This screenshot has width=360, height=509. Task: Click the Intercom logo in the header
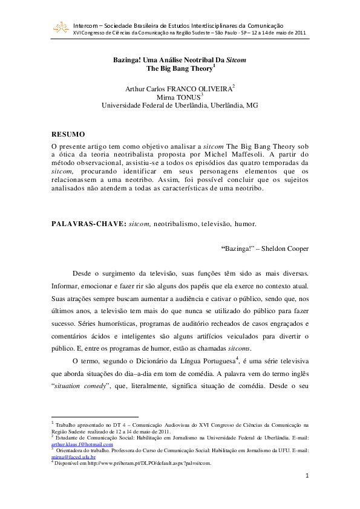coord(61,27)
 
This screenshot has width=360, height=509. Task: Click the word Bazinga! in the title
coord(129,61)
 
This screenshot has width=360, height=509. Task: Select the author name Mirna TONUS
coord(179,97)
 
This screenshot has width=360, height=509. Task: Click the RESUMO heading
coord(68,134)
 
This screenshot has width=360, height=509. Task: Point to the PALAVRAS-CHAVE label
coord(88,223)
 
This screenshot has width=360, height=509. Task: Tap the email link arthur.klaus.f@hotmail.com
coord(82,444)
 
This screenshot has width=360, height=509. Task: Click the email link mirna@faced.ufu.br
coord(74,457)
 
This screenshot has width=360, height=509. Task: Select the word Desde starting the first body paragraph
coord(82,274)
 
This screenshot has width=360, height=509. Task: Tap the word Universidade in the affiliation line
coord(123,105)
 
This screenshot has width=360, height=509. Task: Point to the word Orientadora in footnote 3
coord(72,450)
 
